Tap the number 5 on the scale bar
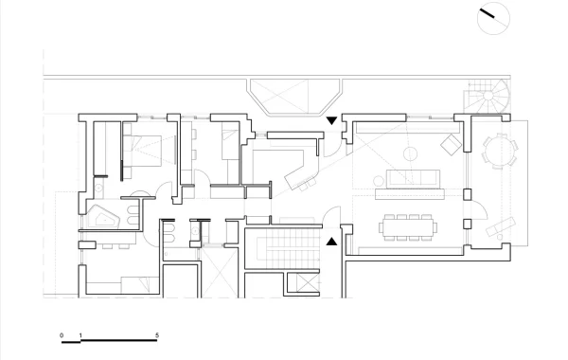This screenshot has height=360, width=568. [157, 335]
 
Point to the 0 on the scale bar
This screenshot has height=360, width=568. [62, 335]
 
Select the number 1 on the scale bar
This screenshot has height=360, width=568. [80, 335]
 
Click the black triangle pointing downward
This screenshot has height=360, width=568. [331, 120]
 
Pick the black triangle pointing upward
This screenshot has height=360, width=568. [331, 242]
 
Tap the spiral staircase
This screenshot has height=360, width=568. [488, 96]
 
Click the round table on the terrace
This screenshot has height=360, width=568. [500, 151]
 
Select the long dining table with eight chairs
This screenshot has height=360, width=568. [408, 227]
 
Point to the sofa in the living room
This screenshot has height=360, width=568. [414, 178]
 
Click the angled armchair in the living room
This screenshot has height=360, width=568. [451, 144]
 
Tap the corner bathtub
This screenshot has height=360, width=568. [103, 217]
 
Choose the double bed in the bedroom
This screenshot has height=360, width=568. [143, 151]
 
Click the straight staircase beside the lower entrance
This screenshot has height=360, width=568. [289, 248]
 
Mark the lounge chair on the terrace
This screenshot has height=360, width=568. [500, 226]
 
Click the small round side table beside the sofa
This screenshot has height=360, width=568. [379, 181]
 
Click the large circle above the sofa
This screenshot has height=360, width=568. [410, 148]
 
